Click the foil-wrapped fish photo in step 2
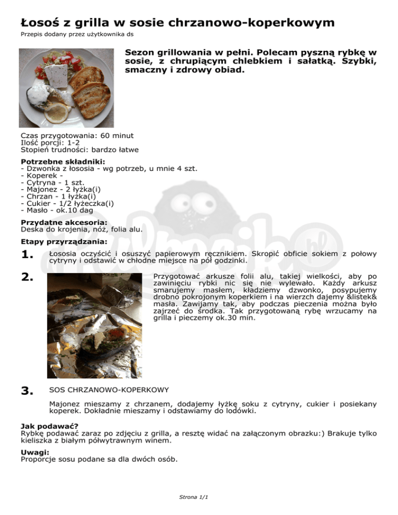coord(95,325)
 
